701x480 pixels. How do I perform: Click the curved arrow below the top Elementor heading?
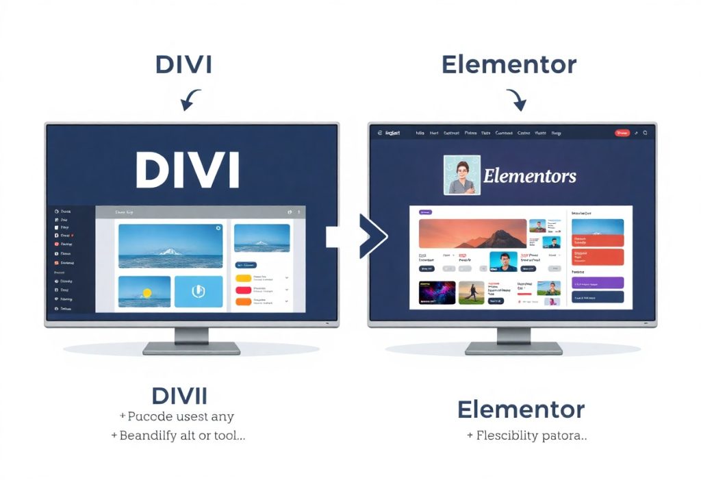(x=516, y=100)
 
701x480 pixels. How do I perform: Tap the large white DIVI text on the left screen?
(x=187, y=170)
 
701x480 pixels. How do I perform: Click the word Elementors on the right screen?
(x=530, y=176)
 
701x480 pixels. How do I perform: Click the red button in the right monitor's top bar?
(x=622, y=133)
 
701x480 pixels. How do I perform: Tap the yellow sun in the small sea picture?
(x=146, y=292)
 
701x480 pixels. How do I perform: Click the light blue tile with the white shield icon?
(x=198, y=291)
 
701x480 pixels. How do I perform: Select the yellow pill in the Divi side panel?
(x=244, y=279)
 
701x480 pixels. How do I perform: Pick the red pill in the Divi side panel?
(x=244, y=290)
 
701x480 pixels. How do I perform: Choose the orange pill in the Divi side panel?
(x=244, y=301)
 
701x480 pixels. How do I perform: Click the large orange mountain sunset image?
(x=472, y=233)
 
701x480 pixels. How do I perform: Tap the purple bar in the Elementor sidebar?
(x=597, y=283)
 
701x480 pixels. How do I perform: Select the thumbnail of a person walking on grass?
(x=471, y=292)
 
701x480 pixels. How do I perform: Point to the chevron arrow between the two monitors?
(x=373, y=236)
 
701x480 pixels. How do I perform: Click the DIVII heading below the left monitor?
(x=179, y=396)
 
